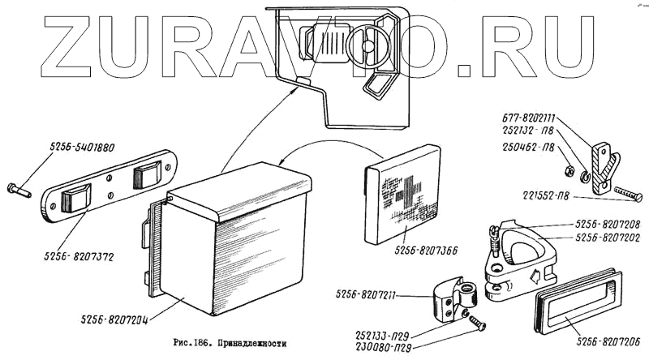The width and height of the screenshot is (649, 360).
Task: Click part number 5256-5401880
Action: point(83,148)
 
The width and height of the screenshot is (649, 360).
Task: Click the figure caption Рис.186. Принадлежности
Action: point(230,344)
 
